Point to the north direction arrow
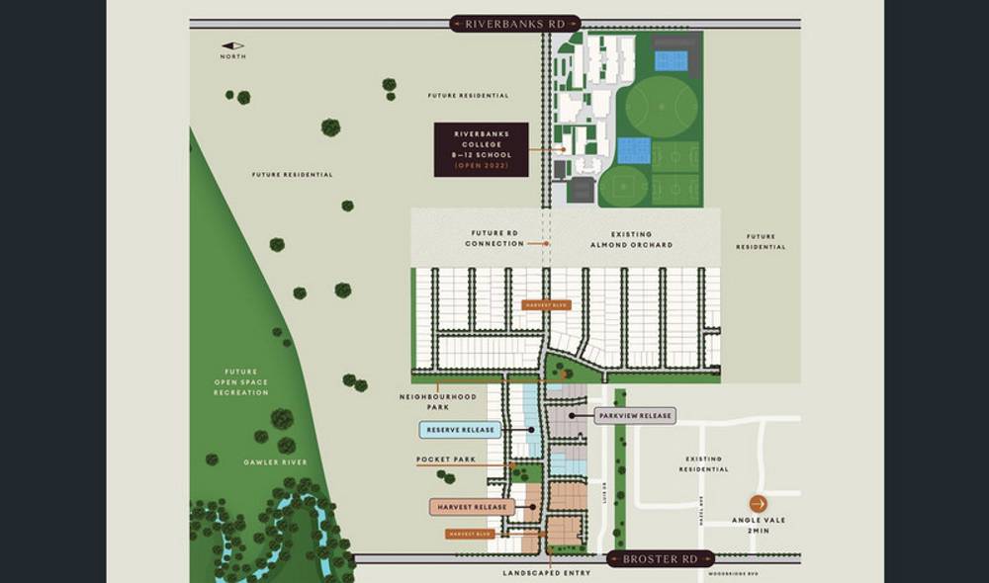point(232,45)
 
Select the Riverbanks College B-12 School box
point(481,150)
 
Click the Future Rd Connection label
point(495,239)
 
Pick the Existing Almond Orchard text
point(631,239)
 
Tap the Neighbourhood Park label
point(437,401)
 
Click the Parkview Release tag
point(635,416)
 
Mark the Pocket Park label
point(446,460)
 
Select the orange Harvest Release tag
point(471,507)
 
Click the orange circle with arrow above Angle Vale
point(759,503)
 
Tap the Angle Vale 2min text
point(759,526)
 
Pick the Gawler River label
point(276,462)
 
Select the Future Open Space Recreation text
point(241,381)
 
